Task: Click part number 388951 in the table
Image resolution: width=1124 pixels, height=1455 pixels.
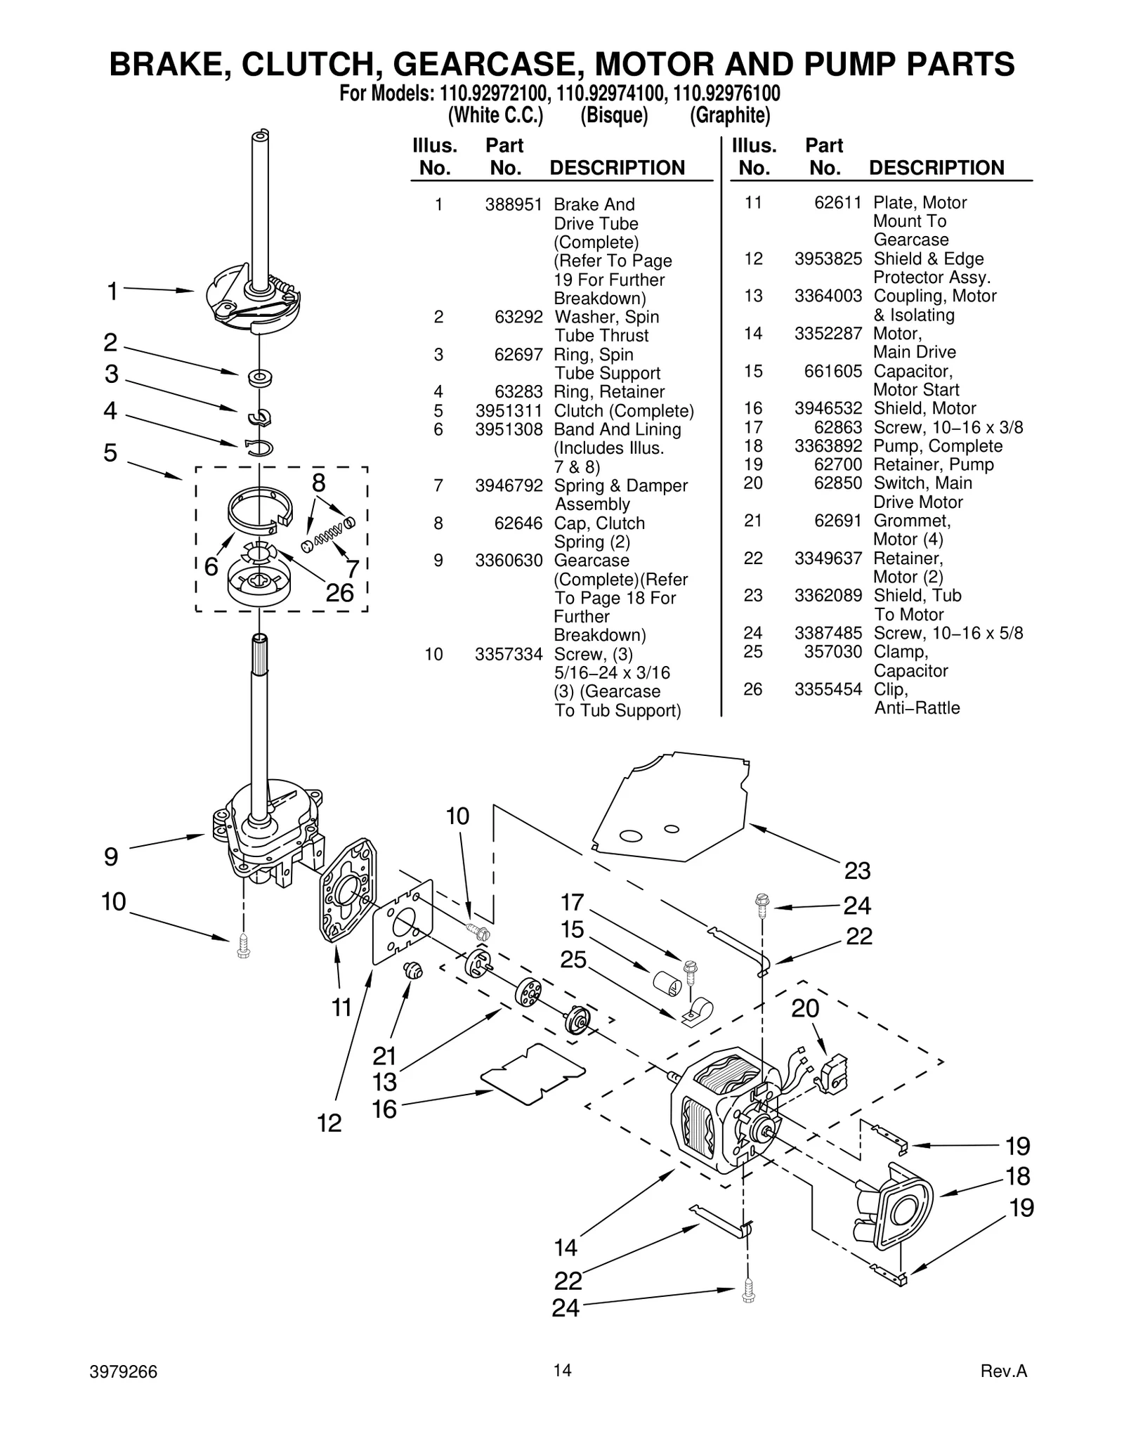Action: coord(514,204)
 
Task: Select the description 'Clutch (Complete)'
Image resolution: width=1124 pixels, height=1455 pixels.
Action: coord(623,411)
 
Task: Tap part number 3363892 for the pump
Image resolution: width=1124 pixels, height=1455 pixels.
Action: coord(828,446)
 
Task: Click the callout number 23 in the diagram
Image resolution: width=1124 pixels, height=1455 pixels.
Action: coord(857,871)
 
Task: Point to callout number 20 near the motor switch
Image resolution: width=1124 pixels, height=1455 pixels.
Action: coord(805,1008)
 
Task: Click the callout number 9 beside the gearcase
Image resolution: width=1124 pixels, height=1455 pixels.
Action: coord(111,857)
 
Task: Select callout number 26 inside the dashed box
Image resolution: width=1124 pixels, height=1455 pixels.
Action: coord(340,593)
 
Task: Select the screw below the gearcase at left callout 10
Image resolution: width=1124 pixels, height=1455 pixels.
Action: coord(244,944)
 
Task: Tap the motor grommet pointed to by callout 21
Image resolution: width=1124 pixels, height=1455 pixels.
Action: coord(414,971)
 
